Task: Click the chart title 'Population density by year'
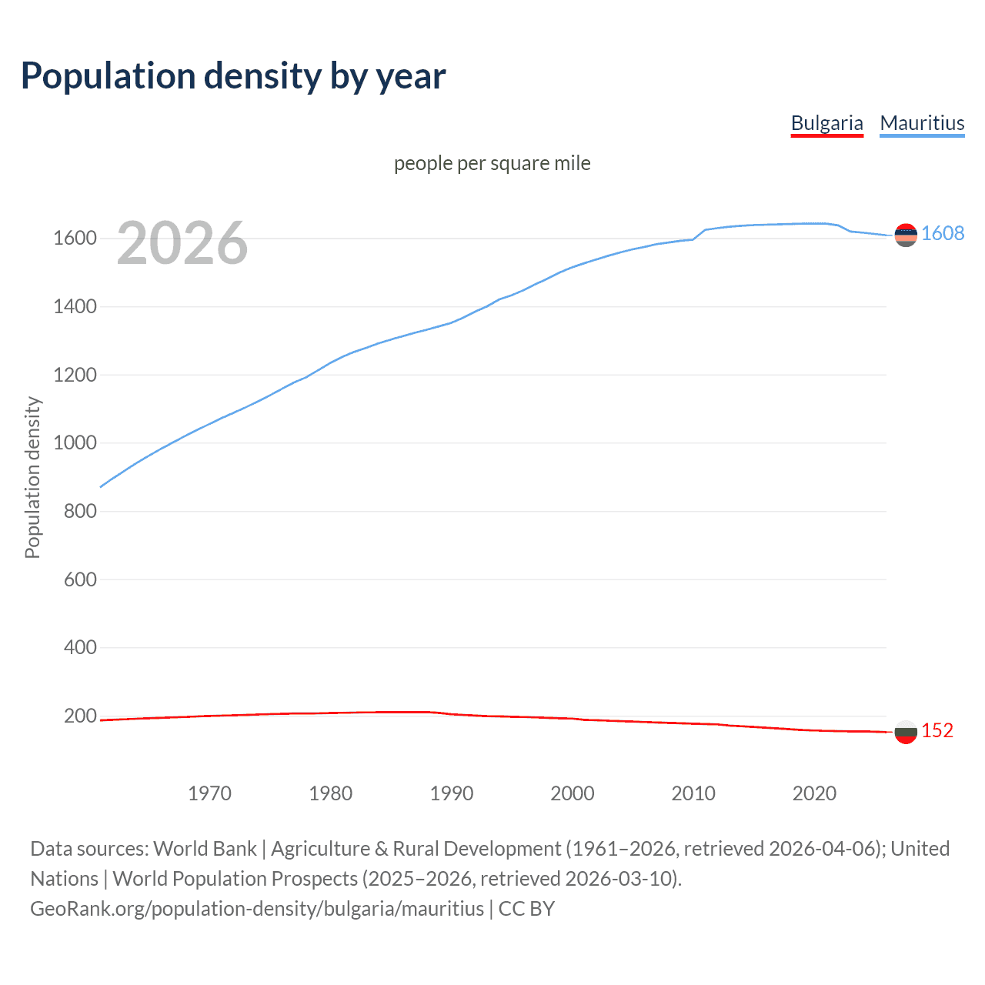point(233,76)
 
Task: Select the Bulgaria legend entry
point(826,123)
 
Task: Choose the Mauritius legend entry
point(922,123)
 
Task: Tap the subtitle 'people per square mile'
point(492,163)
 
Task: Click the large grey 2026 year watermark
point(182,243)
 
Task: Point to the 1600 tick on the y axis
point(75,239)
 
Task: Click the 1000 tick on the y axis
point(75,443)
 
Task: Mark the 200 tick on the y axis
point(80,716)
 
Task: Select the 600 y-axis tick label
point(80,579)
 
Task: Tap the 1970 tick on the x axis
point(209,793)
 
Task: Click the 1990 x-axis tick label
point(452,793)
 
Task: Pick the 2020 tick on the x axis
point(814,793)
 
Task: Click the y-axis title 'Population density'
point(32,477)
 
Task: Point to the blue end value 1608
point(942,234)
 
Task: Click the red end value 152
point(937,731)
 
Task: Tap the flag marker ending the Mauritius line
point(906,235)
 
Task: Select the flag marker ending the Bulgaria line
point(906,732)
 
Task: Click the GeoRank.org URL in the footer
point(257,909)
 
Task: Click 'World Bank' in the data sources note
point(205,849)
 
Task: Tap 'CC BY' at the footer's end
point(526,909)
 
